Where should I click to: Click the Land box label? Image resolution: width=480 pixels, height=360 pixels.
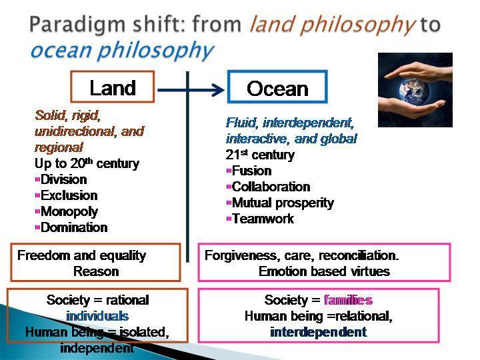[113, 88]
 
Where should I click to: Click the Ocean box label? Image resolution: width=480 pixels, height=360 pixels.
[277, 89]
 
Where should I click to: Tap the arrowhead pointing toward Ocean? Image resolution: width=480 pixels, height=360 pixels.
[218, 90]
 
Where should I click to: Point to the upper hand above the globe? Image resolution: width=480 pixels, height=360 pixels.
[419, 71]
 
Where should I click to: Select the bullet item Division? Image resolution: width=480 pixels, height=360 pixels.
[64, 179]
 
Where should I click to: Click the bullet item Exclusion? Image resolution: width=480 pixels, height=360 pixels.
[69, 195]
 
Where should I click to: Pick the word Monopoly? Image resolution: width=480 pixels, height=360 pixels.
[69, 211]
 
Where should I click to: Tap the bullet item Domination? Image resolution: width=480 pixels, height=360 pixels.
[74, 227]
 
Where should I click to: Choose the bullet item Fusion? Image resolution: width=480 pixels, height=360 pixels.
[251, 171]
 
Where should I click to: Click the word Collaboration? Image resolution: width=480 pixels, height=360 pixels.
[271, 187]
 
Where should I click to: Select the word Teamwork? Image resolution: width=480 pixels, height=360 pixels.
[263, 219]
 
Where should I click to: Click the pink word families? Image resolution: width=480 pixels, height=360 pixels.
[348, 300]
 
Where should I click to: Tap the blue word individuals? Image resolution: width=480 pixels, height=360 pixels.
[97, 316]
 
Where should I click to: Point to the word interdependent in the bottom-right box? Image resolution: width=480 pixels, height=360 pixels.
[319, 332]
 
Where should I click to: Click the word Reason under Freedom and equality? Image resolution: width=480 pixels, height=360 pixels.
[96, 271]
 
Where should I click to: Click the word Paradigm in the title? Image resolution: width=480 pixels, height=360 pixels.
[78, 25]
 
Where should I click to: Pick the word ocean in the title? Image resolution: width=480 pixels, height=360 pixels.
[61, 50]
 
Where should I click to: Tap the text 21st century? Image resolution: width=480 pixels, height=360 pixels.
[260, 155]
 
